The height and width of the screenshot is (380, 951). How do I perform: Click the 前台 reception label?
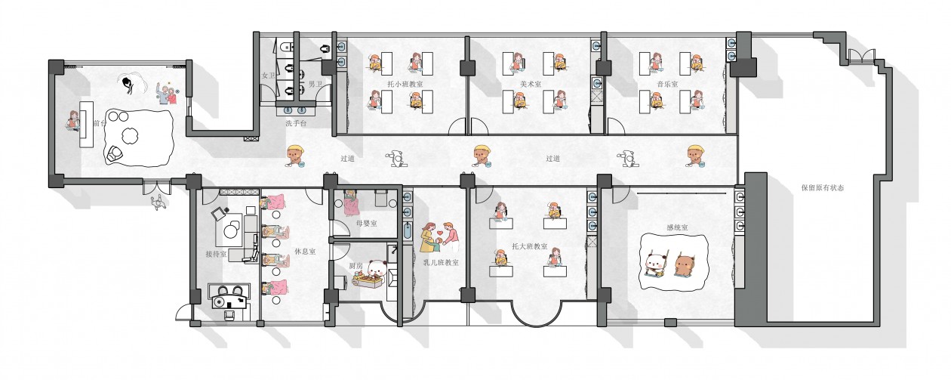(x=99, y=123)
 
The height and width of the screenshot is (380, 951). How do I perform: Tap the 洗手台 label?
(x=296, y=123)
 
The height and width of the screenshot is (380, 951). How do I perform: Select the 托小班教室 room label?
(x=405, y=84)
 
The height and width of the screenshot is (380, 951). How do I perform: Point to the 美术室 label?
(x=531, y=84)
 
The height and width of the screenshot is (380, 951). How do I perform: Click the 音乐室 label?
(x=667, y=84)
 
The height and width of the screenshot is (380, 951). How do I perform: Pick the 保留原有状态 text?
(x=823, y=187)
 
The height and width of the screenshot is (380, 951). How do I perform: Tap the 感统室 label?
(x=677, y=227)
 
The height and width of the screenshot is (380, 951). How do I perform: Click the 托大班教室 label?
(x=529, y=246)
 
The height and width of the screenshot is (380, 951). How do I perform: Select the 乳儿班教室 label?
(x=441, y=262)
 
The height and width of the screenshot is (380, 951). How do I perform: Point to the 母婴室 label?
(x=366, y=223)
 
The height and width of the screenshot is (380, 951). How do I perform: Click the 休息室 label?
(x=305, y=252)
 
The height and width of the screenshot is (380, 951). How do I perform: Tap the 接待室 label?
(x=216, y=254)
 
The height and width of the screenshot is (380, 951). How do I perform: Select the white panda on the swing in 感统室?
(x=655, y=264)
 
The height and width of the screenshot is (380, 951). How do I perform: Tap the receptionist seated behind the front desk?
(x=74, y=120)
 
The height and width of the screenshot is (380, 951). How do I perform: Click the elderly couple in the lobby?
(x=168, y=94)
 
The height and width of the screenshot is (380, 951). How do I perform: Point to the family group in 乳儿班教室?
(x=439, y=237)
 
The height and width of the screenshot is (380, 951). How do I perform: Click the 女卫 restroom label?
(x=269, y=76)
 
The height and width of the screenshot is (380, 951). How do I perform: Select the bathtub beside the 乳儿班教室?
(x=408, y=232)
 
